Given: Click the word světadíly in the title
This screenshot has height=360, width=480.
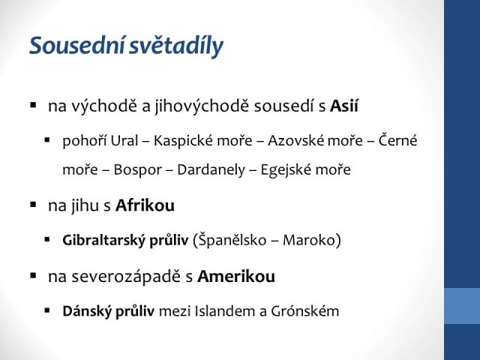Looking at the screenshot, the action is click(176, 46).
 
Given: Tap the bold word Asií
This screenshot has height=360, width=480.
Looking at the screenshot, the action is click(344, 106).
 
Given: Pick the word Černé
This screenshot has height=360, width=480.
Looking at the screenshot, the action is click(397, 140).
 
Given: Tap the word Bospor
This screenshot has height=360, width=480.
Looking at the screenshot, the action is click(138, 170).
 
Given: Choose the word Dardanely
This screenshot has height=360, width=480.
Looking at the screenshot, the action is click(211, 170).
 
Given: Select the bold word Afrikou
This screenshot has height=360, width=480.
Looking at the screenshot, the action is click(145, 205).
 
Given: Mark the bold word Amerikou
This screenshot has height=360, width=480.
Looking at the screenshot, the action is click(236, 277).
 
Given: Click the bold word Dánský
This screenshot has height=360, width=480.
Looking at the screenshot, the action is click(86, 310).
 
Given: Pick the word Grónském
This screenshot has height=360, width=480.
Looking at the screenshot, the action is click(304, 310).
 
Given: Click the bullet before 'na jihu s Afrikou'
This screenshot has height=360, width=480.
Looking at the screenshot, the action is click(33, 205).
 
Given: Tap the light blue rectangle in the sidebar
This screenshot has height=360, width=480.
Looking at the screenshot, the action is click(462, 306).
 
